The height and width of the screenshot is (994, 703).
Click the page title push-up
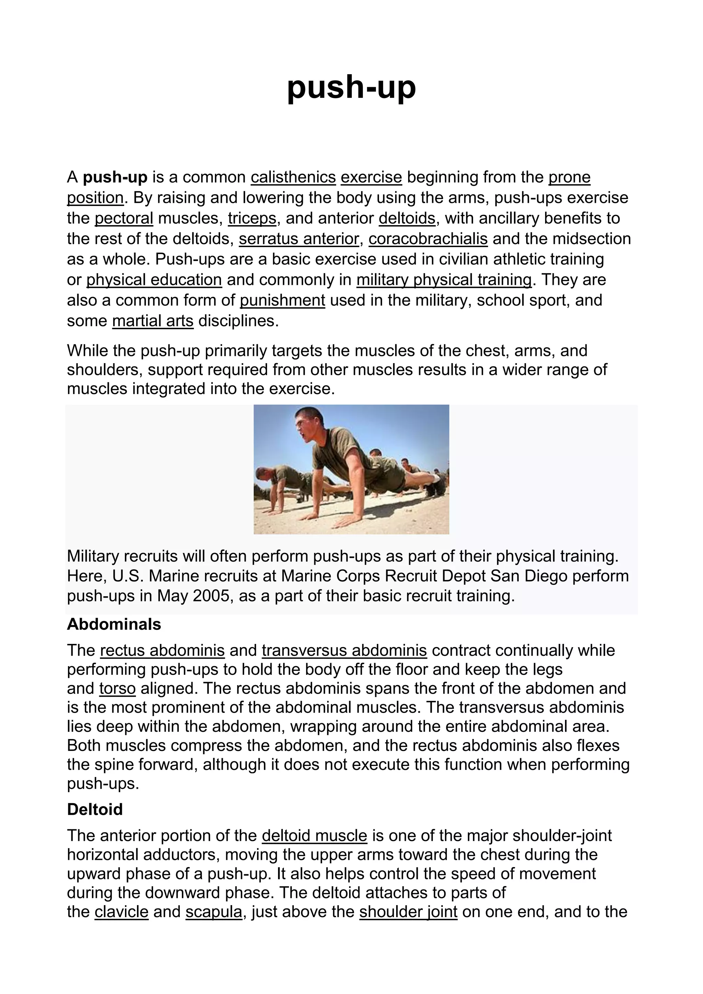pyautogui.click(x=351, y=88)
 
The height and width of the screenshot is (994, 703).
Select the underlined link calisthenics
pyautogui.click(x=293, y=177)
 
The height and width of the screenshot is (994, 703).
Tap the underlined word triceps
pyautogui.click(x=252, y=218)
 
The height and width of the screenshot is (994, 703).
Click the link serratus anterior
pyautogui.click(x=299, y=239)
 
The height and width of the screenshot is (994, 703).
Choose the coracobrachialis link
pyautogui.click(x=428, y=239)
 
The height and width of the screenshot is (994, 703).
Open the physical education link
pyautogui.click(x=154, y=280)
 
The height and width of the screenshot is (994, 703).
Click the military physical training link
pyautogui.click(x=444, y=280)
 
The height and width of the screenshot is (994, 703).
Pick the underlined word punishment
pyautogui.click(x=282, y=300)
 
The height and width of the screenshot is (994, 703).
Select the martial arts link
pyautogui.click(x=153, y=321)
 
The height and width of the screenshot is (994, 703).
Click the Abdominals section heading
pyautogui.click(x=114, y=624)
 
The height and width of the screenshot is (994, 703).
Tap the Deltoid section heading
pyautogui.click(x=95, y=809)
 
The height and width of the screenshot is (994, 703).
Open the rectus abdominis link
pyautogui.click(x=162, y=650)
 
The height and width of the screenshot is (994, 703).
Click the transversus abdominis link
pyautogui.click(x=344, y=650)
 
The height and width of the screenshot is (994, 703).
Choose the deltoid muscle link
pyautogui.click(x=315, y=835)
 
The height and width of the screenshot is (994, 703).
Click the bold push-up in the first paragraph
pyautogui.click(x=115, y=177)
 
